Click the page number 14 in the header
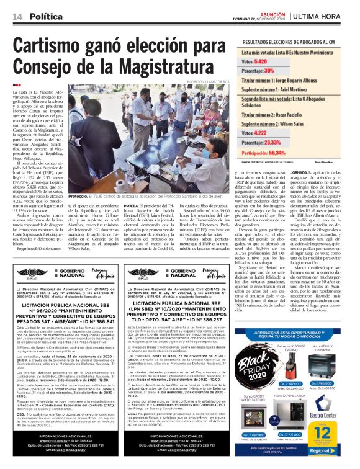pyautogui.click(x=17, y=17)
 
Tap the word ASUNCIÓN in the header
pyautogui.click(x=268, y=13)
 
